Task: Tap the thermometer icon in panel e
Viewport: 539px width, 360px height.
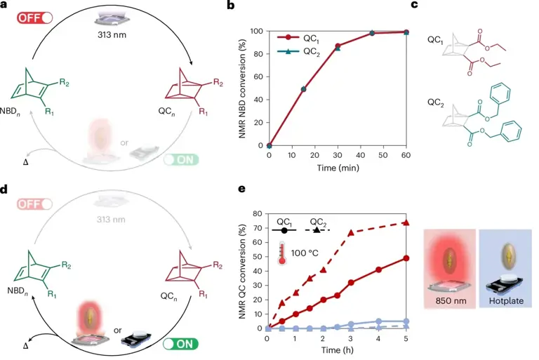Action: point(282,252)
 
